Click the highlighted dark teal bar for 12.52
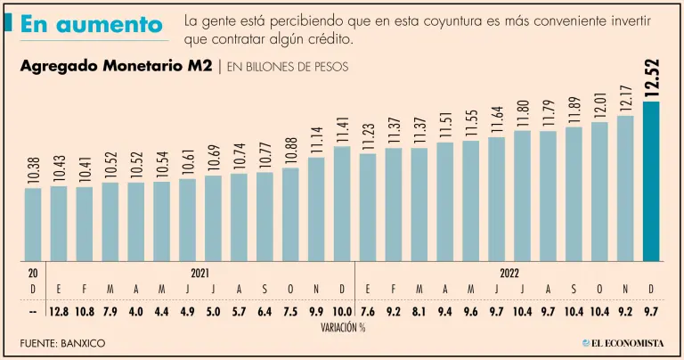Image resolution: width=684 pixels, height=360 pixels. [651, 182]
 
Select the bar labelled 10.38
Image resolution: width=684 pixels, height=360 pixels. [33, 225]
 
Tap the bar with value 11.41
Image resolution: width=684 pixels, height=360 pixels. [342, 204]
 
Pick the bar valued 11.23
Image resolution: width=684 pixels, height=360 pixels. [368, 208]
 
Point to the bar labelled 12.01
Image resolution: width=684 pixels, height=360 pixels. [599, 192]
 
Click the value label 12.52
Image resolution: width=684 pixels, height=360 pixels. [651, 78]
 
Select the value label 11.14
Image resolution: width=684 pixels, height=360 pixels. [316, 140]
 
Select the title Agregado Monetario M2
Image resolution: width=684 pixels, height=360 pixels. [116, 66]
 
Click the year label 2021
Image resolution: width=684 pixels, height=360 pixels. [200, 274]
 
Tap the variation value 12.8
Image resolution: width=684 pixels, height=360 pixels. [59, 310]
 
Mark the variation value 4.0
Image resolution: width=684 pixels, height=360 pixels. [136, 310]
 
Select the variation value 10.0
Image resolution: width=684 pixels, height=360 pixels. [342, 310]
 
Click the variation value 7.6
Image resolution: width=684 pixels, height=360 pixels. [368, 310]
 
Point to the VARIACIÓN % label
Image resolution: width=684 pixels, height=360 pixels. [343, 327]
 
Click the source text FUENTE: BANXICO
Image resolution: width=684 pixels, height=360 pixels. [61, 343]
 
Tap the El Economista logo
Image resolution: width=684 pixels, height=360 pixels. [623, 343]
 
